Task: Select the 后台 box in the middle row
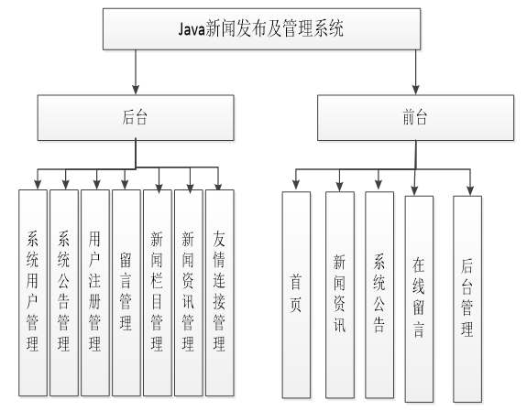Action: point(136,117)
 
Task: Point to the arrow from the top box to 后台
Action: point(136,73)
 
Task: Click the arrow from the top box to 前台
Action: point(416,73)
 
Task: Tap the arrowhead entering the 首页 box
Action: point(296,187)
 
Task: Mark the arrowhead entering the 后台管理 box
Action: point(469,190)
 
